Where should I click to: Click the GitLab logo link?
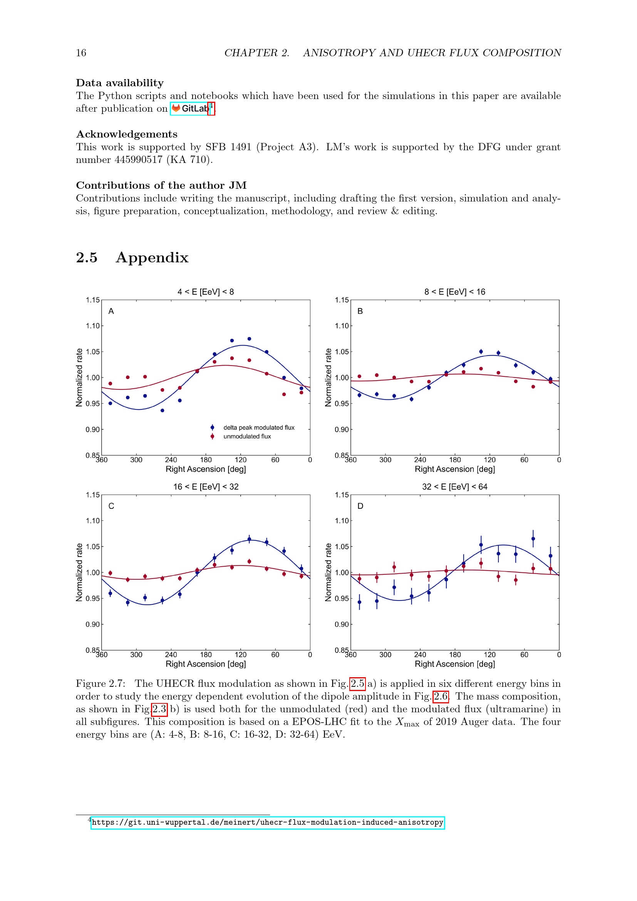(x=189, y=109)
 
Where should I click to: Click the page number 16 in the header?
(x=81, y=53)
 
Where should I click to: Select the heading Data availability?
(x=120, y=83)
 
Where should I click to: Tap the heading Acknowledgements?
(x=127, y=134)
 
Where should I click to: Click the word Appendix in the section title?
(x=152, y=257)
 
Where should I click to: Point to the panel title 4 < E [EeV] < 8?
(x=206, y=292)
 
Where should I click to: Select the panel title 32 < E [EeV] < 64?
(x=454, y=487)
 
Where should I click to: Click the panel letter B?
(x=360, y=311)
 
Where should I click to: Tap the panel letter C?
(x=111, y=506)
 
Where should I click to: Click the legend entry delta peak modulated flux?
(x=258, y=427)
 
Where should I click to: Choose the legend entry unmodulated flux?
(x=247, y=436)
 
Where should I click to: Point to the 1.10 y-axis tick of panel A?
(x=92, y=326)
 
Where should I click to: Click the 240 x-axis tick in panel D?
(x=420, y=654)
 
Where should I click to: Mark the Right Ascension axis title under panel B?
(x=454, y=469)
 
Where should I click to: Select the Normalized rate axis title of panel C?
(x=79, y=572)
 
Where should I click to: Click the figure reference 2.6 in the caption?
(x=441, y=696)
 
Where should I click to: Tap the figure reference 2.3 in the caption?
(x=159, y=709)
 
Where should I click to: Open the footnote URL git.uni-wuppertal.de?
(x=268, y=822)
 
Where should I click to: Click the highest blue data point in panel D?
(x=533, y=539)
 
